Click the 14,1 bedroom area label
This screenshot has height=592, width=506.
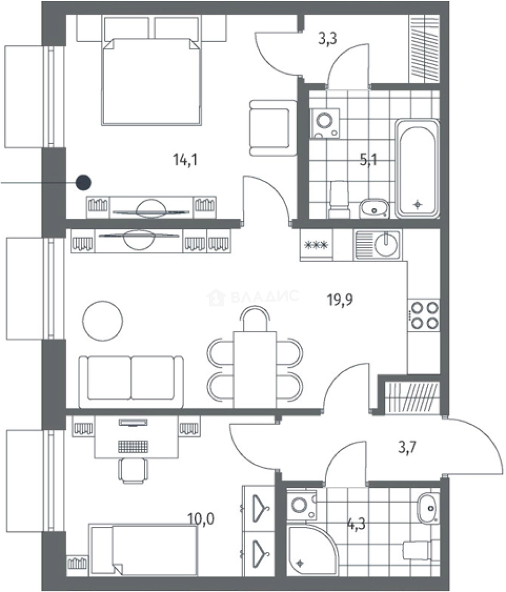(x=185, y=160)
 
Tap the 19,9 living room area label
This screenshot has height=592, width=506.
(x=340, y=300)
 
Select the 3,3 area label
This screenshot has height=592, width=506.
(x=327, y=38)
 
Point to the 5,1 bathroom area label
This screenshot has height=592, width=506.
(x=368, y=160)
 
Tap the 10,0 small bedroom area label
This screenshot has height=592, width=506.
(x=201, y=519)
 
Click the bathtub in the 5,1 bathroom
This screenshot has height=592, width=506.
(x=417, y=169)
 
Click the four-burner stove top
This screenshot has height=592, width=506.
(x=424, y=315)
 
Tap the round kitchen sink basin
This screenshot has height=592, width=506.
(x=386, y=244)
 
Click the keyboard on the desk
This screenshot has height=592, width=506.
(x=133, y=446)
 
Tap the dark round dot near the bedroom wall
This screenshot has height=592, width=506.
(x=83, y=183)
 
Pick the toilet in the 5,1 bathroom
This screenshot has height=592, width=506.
(x=339, y=200)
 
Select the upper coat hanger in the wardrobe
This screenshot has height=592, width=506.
(x=260, y=508)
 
